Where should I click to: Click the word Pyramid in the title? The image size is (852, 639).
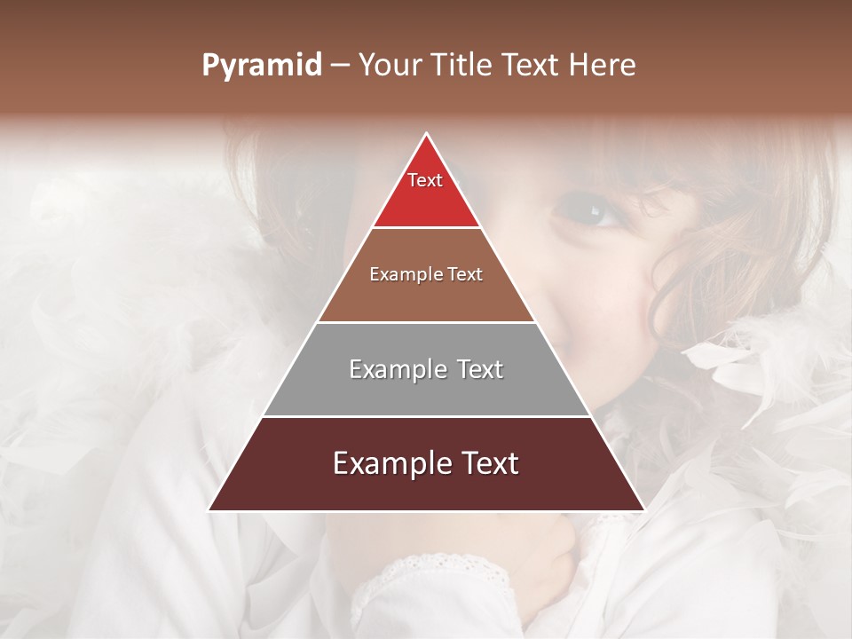(x=262, y=66)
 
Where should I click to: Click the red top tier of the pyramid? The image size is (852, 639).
(x=426, y=200)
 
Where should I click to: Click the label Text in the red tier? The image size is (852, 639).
(x=425, y=180)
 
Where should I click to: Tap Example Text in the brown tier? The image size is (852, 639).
(x=426, y=274)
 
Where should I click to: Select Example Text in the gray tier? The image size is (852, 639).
(x=426, y=369)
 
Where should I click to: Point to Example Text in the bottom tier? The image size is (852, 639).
(x=426, y=463)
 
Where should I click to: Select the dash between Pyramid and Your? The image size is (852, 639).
(x=340, y=66)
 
